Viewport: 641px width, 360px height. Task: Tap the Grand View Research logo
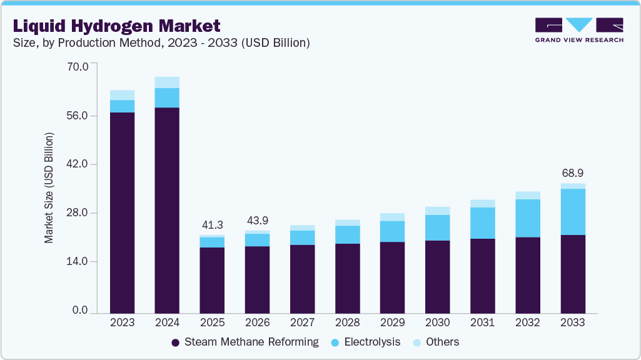coord(578,30)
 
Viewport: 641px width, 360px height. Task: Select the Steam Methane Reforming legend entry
coord(245,342)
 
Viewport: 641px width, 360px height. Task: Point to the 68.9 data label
coord(572,172)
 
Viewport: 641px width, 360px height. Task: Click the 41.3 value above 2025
coord(212,225)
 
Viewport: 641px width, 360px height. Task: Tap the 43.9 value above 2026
coord(257,221)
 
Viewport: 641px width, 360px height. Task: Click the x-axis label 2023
coord(122,322)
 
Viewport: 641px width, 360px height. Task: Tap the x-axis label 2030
coord(437,322)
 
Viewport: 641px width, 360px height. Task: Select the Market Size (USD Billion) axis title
coord(49,187)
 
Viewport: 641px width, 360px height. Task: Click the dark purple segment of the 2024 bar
coord(167,209)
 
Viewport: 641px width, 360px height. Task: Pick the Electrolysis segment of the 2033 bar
coord(572,211)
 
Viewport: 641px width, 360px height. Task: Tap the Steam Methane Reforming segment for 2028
coord(347,278)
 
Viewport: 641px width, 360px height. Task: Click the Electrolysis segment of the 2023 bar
coord(122,106)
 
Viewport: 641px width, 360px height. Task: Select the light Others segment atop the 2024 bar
coord(167,82)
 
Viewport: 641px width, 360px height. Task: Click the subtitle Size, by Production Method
coord(159,43)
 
